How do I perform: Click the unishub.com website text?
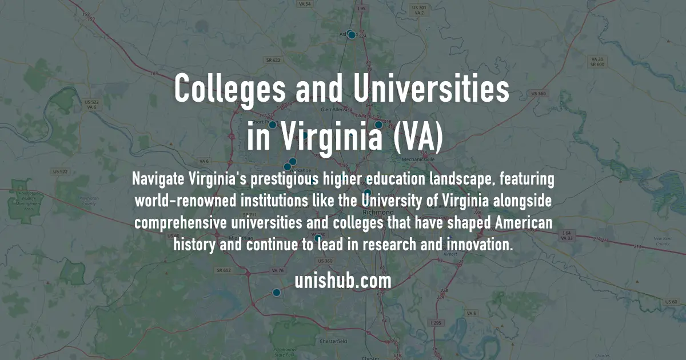coord(343,281)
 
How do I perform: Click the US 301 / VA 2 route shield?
coord(420,10)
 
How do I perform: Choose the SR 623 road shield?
coord(273,59)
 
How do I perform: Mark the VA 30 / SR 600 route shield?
coord(597,62)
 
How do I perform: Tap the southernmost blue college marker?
coord(276,293)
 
